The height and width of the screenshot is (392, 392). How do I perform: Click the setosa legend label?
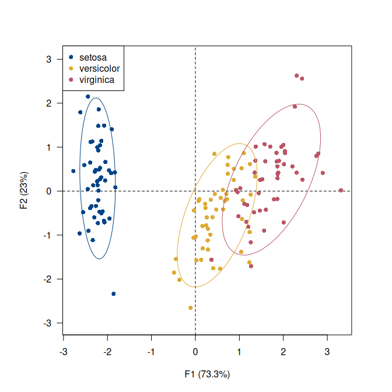(x=93, y=57)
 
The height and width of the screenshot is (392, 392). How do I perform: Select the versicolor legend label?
(x=100, y=68)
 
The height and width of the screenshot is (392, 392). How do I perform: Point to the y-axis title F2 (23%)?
(x=24, y=190)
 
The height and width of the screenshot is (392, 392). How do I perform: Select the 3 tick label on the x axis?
(x=327, y=352)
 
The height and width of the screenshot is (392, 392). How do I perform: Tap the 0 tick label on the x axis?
(x=195, y=352)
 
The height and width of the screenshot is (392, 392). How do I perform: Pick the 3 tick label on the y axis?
(x=50, y=59)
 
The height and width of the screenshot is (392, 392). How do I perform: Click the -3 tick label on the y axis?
(x=48, y=323)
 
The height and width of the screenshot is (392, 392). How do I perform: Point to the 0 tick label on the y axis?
(x=50, y=191)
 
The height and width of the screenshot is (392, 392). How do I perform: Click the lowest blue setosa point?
(x=113, y=294)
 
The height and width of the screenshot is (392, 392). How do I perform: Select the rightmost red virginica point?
(x=341, y=190)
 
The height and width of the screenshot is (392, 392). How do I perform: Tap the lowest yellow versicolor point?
(x=190, y=308)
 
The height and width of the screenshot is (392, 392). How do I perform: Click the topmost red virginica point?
(x=297, y=76)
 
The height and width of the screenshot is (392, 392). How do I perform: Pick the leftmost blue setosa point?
(x=73, y=171)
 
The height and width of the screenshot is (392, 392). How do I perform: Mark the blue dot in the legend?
(x=71, y=57)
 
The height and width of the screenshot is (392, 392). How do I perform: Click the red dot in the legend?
(x=71, y=79)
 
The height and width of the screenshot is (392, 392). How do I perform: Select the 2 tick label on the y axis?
(x=50, y=103)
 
